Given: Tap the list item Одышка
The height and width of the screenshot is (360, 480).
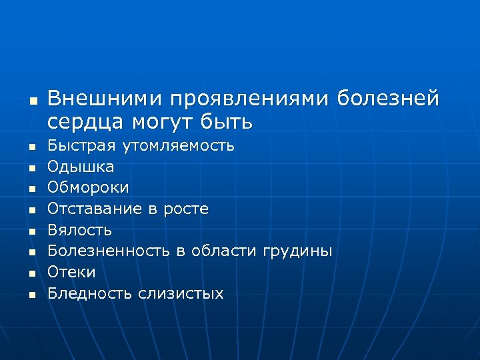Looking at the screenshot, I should click(x=81, y=166).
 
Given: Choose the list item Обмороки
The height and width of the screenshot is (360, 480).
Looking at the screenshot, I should click(x=89, y=187).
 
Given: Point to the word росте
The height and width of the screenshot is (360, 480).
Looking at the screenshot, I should click(x=185, y=209).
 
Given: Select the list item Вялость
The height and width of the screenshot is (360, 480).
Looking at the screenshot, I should click(x=80, y=230).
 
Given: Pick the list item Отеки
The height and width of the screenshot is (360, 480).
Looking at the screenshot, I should click(x=72, y=272).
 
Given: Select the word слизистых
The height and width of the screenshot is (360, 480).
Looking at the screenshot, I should click(x=181, y=293).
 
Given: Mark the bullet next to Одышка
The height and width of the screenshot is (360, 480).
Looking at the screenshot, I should click(x=31, y=167).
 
